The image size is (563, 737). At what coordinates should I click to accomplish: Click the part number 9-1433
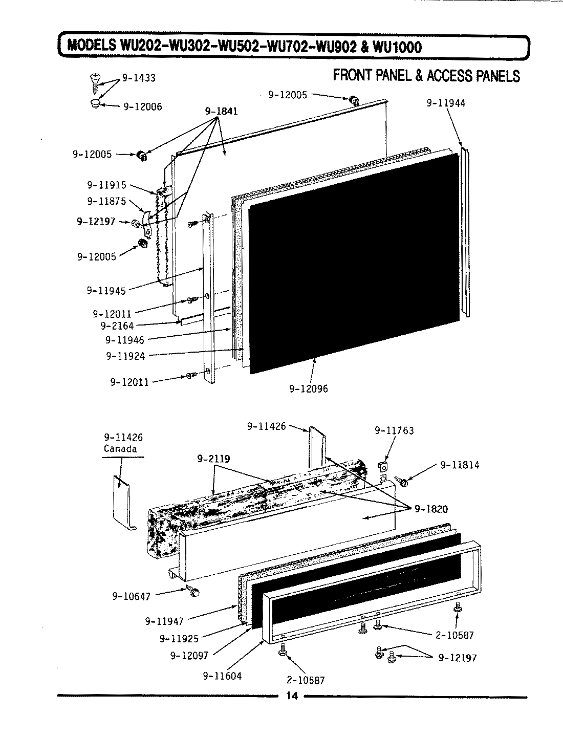coord(138,78)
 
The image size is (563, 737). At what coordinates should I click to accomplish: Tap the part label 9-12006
coord(142,106)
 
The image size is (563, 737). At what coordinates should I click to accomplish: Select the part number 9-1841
coord(221,111)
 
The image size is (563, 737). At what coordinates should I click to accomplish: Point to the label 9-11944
coord(446,103)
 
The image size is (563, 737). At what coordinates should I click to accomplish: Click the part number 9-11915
coord(106,185)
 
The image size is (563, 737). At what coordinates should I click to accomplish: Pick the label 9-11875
coord(106,201)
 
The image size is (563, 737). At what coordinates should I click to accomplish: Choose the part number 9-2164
coord(117,326)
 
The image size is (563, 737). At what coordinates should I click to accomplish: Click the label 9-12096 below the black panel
coord(309,389)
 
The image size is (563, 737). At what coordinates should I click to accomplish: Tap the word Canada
coord(120,449)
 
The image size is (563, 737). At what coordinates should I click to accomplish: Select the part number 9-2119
coord(213,459)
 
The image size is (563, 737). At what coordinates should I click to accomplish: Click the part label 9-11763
coord(394,431)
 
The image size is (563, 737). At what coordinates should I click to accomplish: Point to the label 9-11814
coord(460,465)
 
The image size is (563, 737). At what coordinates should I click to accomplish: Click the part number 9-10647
coord(132,596)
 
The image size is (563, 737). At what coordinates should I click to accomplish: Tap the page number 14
coord(292,696)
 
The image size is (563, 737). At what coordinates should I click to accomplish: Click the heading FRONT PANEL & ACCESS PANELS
coord(426,76)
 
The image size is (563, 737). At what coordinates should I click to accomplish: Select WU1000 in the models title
coord(398,47)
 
